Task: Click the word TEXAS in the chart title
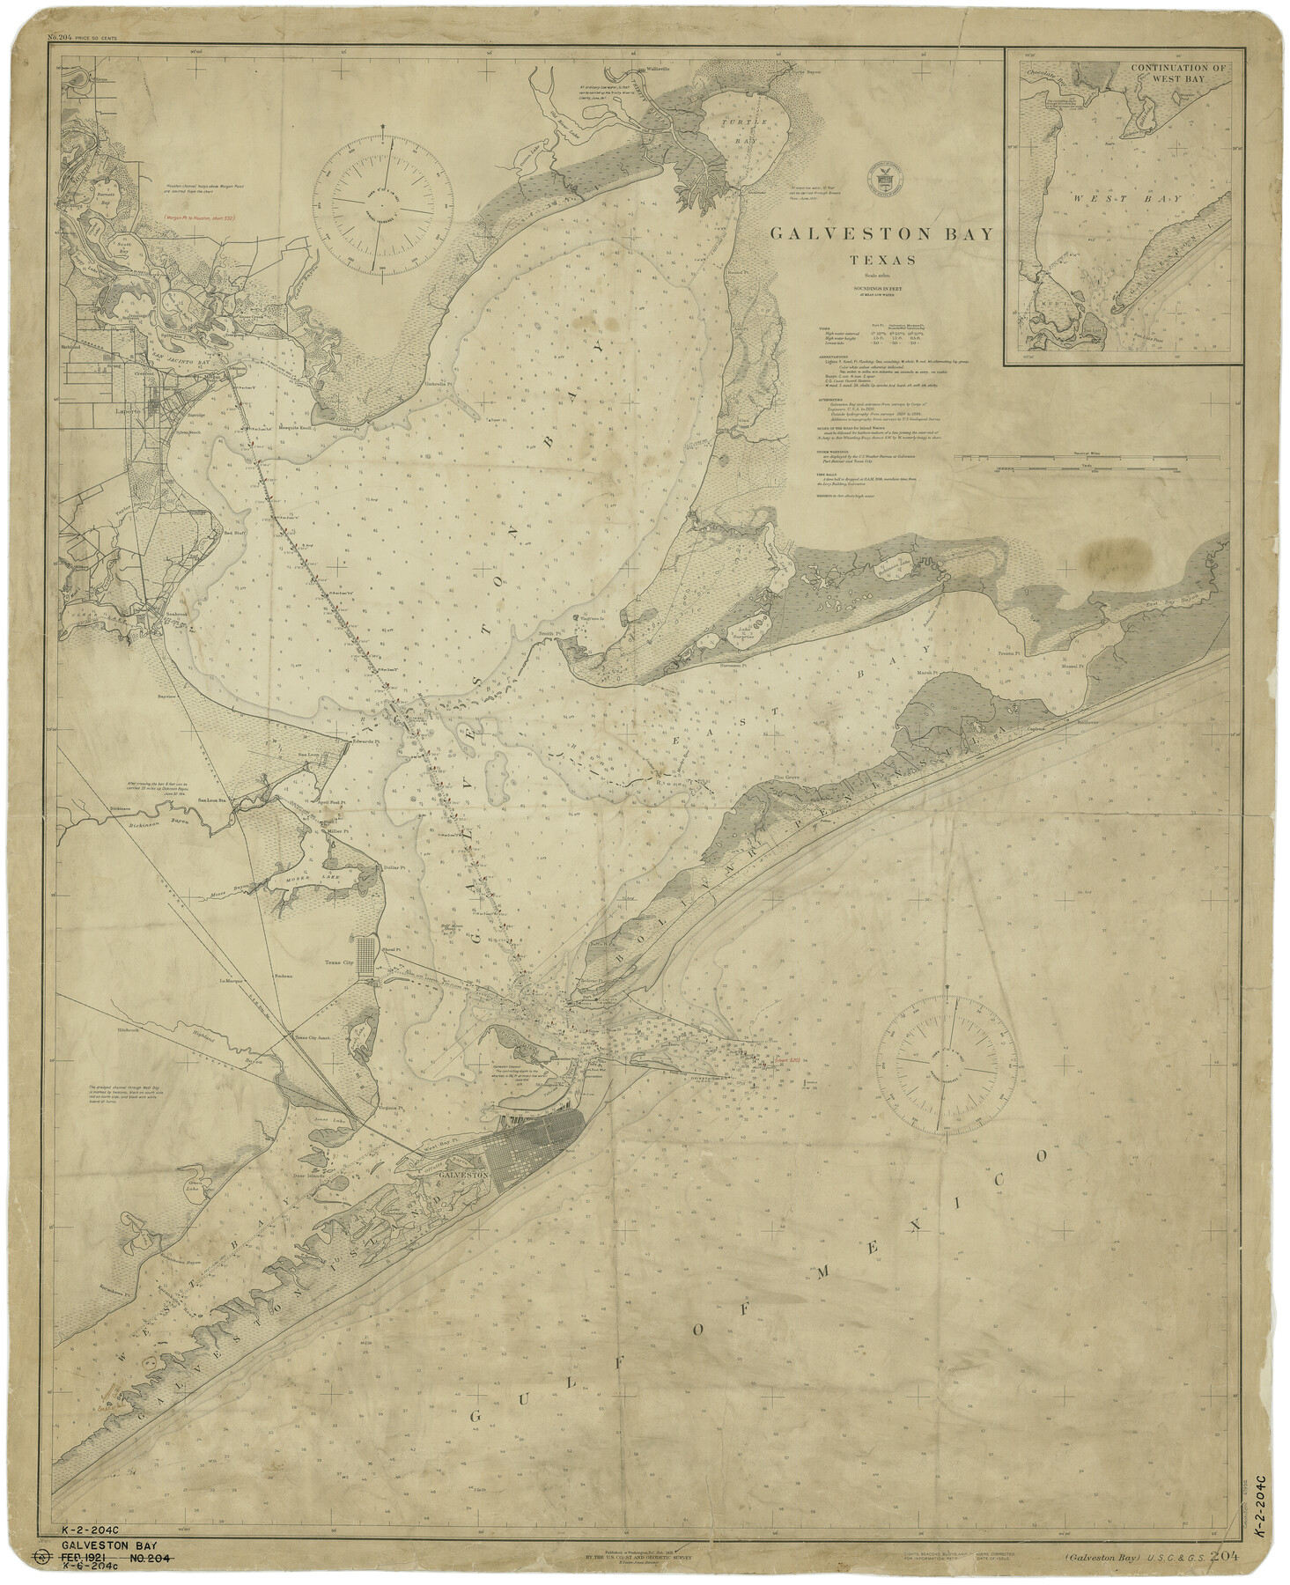pos(882,260)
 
